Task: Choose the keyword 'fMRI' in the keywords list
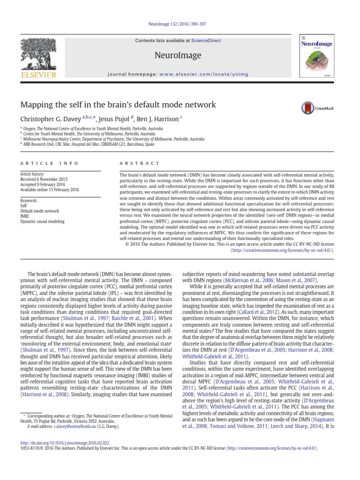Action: coord(25,216)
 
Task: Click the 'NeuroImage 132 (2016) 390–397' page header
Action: coord(180,29)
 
